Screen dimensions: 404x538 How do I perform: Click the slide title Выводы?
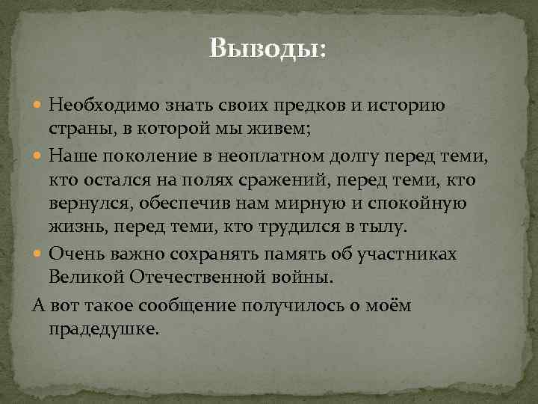coord(268,49)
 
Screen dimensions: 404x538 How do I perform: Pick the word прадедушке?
coord(104,328)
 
